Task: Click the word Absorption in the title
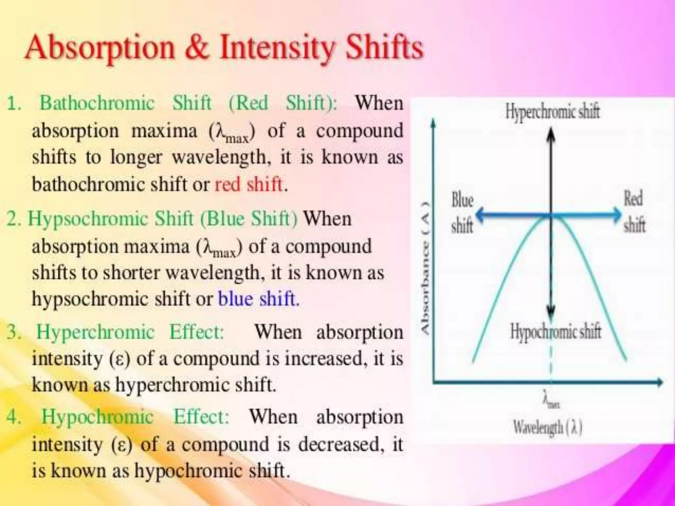(x=100, y=48)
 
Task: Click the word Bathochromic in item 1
(x=97, y=103)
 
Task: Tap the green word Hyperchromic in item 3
(x=95, y=332)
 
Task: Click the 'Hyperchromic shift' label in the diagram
(x=553, y=112)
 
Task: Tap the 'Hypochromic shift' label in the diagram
(x=556, y=331)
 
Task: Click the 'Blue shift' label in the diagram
(x=462, y=213)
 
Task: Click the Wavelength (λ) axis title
(x=547, y=428)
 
